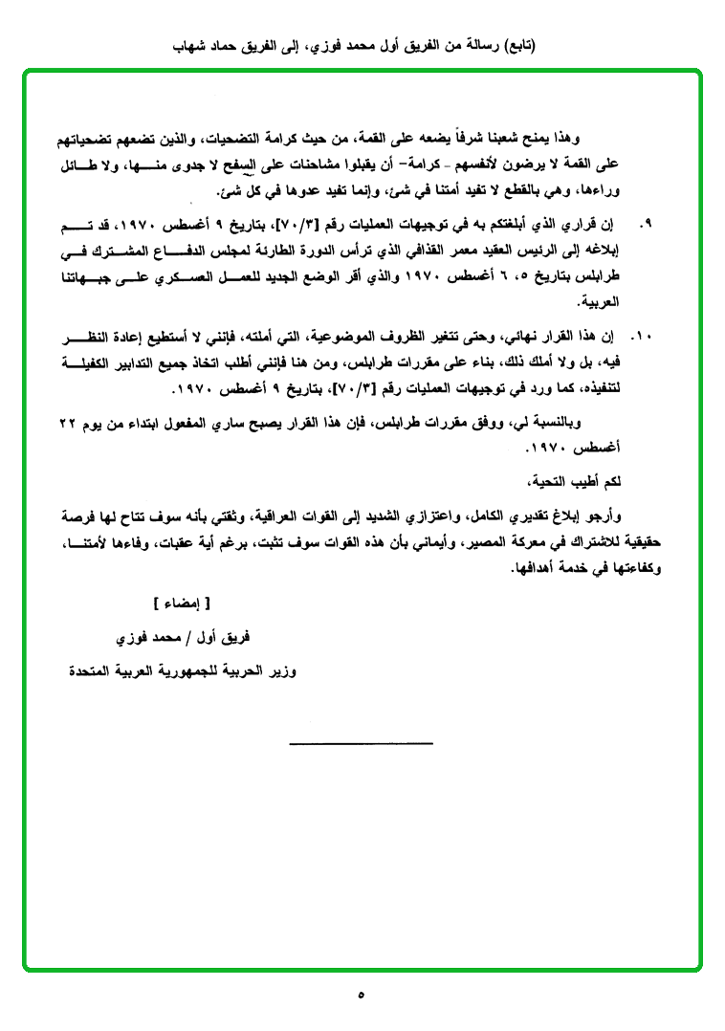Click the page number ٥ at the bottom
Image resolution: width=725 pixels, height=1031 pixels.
[x=361, y=995]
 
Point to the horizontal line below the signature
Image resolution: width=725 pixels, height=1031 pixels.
[x=361, y=742]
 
